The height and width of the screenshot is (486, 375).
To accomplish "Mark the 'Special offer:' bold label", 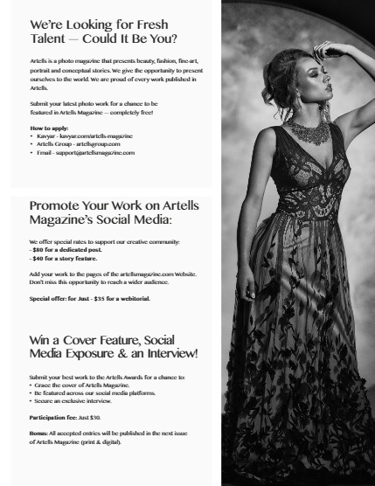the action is tap(48, 298).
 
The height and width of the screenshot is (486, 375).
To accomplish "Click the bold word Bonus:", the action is tap(39, 434).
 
